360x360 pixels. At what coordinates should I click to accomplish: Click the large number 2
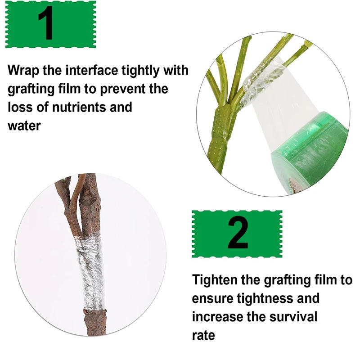(x=238, y=233)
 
